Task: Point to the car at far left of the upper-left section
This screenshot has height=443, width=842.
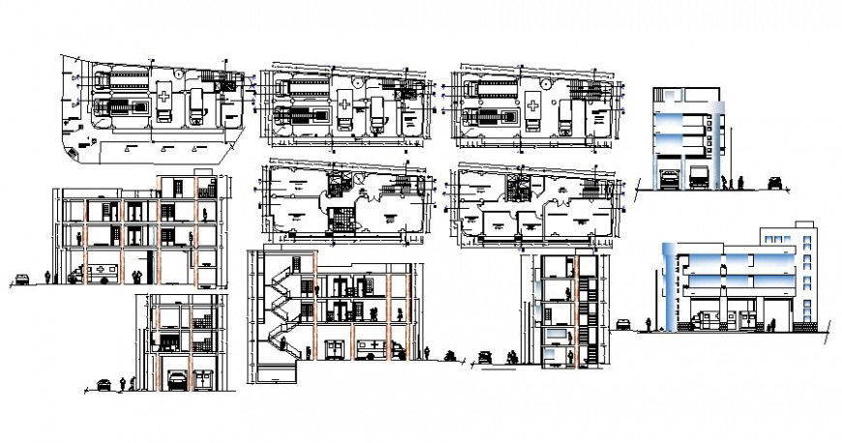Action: pyautogui.click(x=21, y=280)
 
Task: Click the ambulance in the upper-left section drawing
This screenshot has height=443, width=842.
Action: pyautogui.click(x=101, y=273)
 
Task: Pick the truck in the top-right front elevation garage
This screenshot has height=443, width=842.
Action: pyautogui.click(x=702, y=178)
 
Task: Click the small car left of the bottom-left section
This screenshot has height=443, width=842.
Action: pyautogui.click(x=103, y=384)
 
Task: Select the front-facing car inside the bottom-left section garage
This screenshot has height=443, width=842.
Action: pyautogui.click(x=175, y=380)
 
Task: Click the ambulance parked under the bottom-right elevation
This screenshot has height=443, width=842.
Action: pyautogui.click(x=704, y=320)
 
